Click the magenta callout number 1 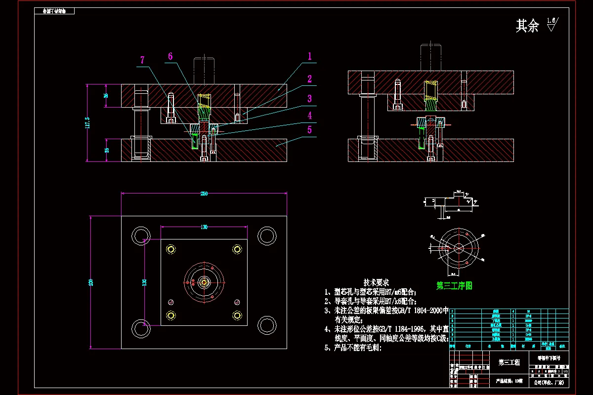click(x=310, y=56)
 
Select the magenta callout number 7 click(x=142, y=60)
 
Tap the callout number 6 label click(x=170, y=56)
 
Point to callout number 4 click(x=310, y=116)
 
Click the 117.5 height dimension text click(x=87, y=122)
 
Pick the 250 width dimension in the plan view click(x=204, y=194)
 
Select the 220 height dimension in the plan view click(x=91, y=282)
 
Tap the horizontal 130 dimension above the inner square click(x=204, y=227)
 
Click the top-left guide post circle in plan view click(x=141, y=236)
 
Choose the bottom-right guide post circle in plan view click(x=267, y=325)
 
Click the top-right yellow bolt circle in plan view click(x=237, y=249)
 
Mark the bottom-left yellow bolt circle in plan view click(x=171, y=315)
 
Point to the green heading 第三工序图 click(x=454, y=285)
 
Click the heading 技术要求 click(x=376, y=282)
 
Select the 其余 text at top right click(x=527, y=26)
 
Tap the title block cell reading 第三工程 click(x=509, y=362)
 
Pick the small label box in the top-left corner click(x=54, y=11)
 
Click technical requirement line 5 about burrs click(x=353, y=347)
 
